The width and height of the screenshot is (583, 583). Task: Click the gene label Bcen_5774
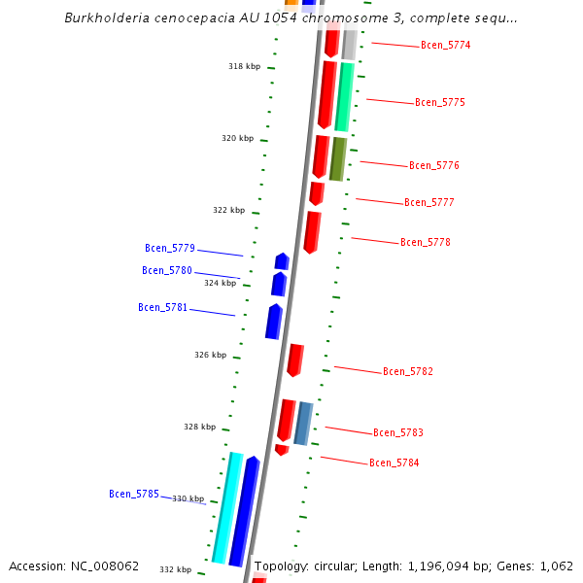445,46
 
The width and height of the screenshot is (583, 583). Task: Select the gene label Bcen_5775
439,103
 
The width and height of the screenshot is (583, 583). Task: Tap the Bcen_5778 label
426,243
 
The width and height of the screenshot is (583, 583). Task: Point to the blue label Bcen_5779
170,249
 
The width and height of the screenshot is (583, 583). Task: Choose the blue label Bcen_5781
163,308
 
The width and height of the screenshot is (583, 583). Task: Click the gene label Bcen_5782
408,372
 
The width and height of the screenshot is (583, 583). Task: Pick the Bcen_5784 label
394,463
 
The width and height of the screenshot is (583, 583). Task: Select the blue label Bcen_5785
134,495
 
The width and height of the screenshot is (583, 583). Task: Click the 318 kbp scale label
245,67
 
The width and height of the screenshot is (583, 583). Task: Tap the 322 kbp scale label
229,211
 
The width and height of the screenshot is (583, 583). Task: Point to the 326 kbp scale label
211,356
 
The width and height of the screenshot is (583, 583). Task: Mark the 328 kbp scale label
200,428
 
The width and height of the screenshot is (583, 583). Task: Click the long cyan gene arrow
226,507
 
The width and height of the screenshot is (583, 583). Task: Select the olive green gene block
337,159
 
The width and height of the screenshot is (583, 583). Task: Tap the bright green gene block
343,97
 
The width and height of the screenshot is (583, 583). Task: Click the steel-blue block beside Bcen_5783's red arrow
303,423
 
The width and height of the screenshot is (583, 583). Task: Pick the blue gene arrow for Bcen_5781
274,322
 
